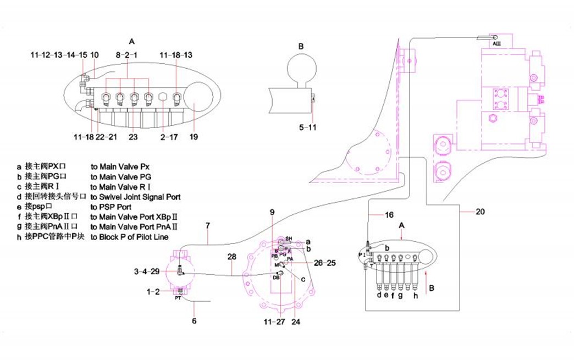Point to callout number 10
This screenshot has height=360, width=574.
(95, 55)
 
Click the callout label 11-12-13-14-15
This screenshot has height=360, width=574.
(58, 55)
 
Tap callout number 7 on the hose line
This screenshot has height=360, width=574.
(208, 226)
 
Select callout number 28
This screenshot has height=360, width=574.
(231, 257)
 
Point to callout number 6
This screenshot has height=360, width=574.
(194, 320)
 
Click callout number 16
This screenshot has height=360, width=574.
(389, 215)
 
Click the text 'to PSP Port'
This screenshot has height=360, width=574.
(112, 207)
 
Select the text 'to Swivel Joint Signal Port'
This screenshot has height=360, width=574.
(135, 196)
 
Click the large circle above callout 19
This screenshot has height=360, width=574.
(198, 97)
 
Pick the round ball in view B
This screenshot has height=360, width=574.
(301, 71)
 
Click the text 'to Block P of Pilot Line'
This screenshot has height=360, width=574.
(130, 237)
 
